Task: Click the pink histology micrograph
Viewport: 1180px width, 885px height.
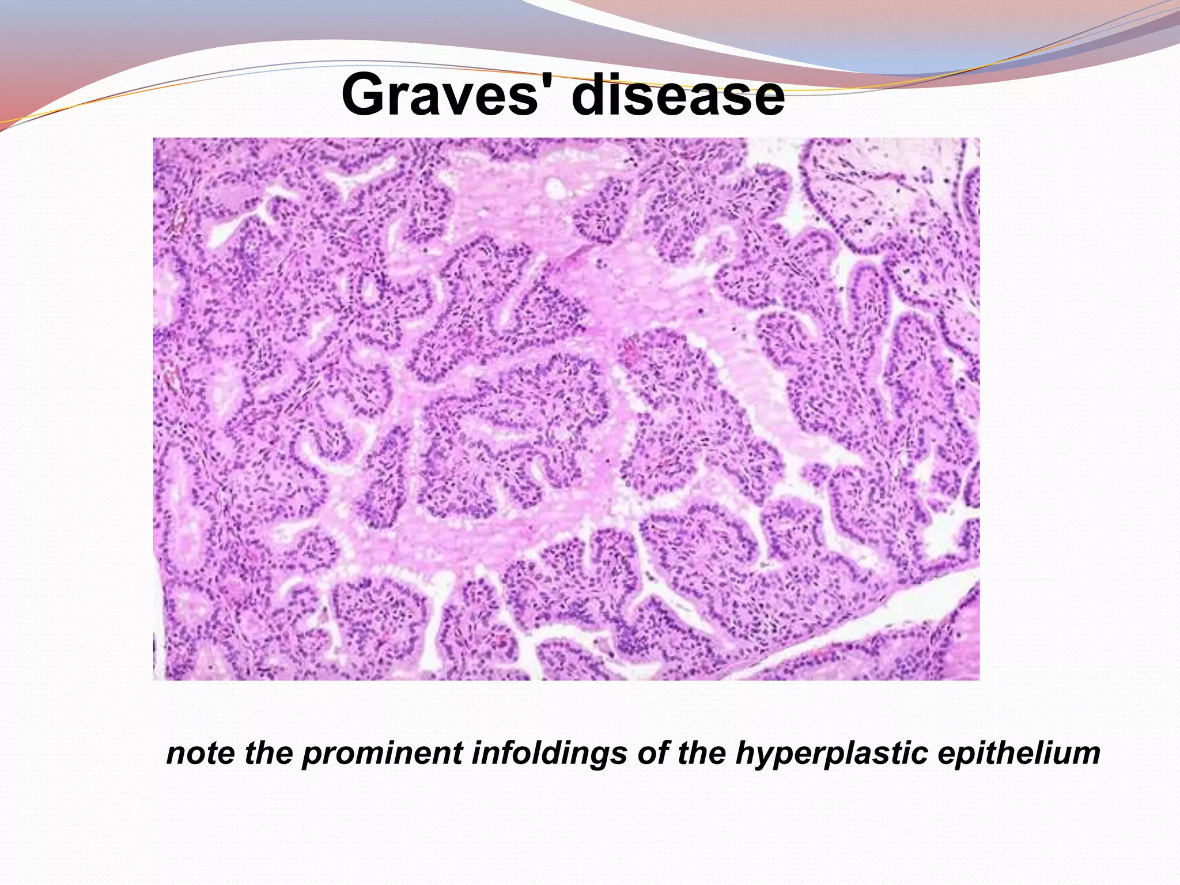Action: (566, 409)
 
